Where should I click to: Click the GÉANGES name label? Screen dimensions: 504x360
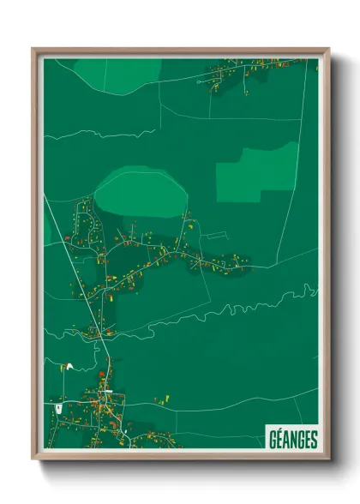tap(291, 439)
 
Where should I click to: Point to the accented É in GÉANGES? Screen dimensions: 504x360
tap(279, 439)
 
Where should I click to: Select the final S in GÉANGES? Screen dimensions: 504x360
tap(313, 439)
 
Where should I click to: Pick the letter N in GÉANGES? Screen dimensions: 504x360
tap(292, 439)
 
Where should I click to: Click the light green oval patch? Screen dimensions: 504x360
tap(141, 192)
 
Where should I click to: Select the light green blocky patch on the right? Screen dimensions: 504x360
tap(257, 173)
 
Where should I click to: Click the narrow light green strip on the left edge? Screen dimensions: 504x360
tap(48, 228)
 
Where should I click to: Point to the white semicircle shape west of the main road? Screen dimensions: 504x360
tap(69, 367)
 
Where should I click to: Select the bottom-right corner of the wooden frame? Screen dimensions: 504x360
tap(328, 458)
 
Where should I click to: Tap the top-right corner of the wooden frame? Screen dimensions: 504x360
tap(328, 50)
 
